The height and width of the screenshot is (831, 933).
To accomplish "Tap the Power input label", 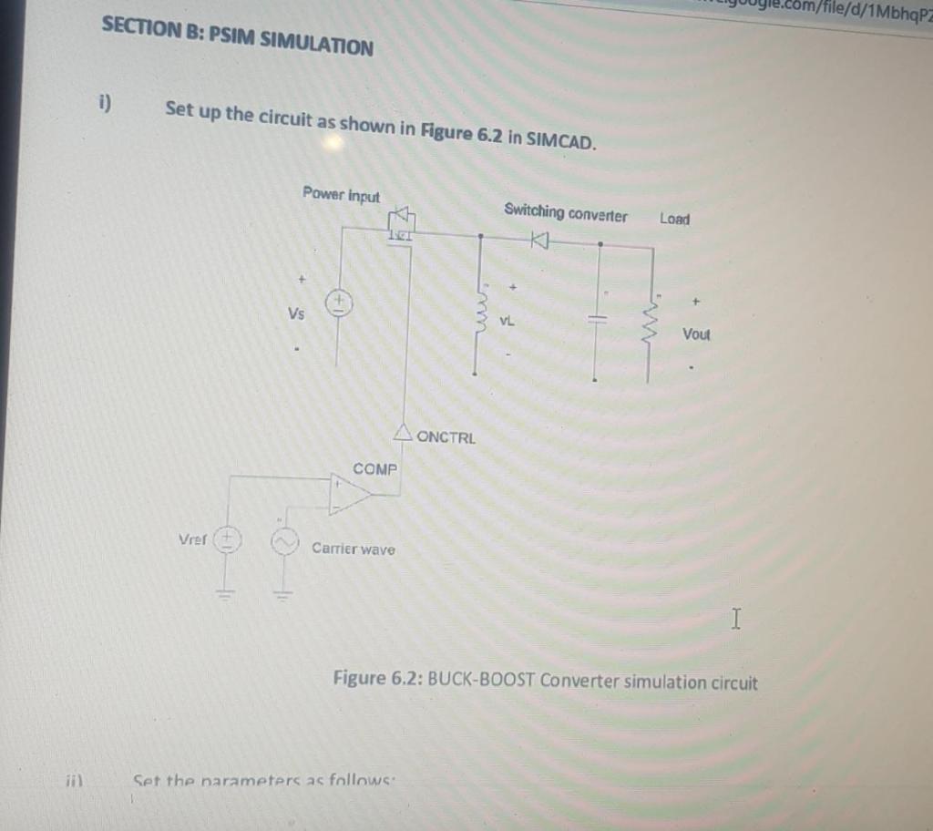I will coord(341,194).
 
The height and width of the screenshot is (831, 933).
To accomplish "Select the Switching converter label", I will coord(565,213).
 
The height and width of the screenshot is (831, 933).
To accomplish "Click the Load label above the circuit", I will coord(675,219).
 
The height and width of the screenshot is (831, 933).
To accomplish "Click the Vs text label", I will coord(297,313).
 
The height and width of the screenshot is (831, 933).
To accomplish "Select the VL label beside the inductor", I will coord(508,322).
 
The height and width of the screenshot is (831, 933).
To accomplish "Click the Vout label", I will coord(696,334).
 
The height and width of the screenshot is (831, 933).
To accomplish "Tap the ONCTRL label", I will coord(446,437).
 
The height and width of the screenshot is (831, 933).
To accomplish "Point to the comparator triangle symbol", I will coord(351,492).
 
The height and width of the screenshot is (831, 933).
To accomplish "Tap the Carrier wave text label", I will coord(354,549).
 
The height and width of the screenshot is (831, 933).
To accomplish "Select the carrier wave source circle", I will coord(282,543).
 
